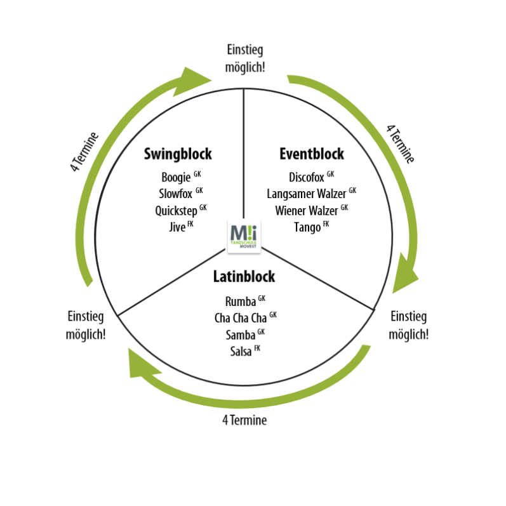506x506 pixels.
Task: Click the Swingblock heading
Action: [178, 154]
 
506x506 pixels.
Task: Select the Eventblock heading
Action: [312, 154]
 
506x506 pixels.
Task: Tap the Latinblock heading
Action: [244, 277]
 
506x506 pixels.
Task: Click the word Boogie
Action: [176, 178]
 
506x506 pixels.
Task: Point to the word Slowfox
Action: [175, 194]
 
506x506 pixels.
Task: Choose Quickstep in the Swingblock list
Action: [176, 211]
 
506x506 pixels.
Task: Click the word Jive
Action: [177, 227]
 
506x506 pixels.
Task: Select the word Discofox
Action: [306, 178]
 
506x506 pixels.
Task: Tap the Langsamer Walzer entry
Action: [306, 194]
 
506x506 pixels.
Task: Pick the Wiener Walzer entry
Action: [306, 210]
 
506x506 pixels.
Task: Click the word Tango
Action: [307, 227]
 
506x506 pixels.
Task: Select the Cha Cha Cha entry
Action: [241, 318]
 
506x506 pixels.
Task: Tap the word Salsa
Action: [241, 351]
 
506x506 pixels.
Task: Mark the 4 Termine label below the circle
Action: [244, 420]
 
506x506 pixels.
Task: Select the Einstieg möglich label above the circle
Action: [244, 58]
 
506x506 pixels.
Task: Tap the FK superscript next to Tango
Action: [326, 223]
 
